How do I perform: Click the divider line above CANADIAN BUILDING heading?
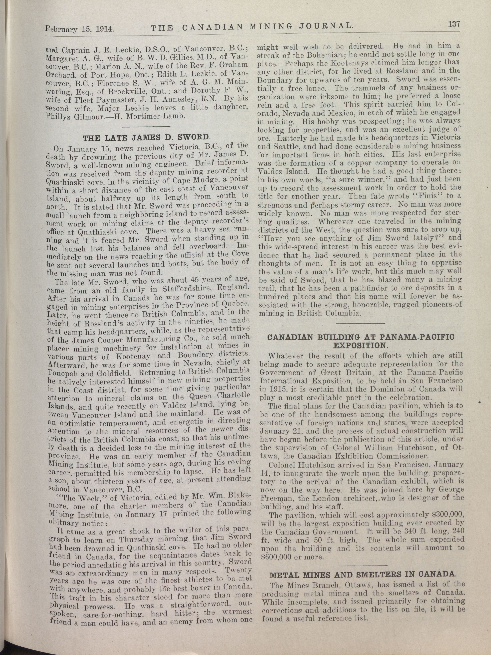(x=361, y=323)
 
